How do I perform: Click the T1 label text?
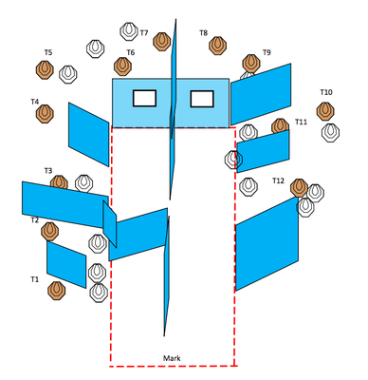click(35, 279)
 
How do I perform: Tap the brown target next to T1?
click(57, 291)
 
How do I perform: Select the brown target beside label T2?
click(50, 231)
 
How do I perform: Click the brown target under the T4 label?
click(45, 114)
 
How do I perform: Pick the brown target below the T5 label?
click(45, 69)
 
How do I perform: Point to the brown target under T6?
click(122, 66)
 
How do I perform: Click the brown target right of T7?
click(162, 42)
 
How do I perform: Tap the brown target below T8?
click(218, 46)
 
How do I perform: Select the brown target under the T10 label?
click(325, 111)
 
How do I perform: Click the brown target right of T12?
click(299, 188)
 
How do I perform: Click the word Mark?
click(172, 358)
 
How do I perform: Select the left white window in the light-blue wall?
click(144, 98)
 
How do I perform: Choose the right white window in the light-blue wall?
click(202, 99)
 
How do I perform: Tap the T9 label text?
click(267, 52)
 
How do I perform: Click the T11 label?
click(301, 122)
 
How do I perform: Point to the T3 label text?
click(48, 171)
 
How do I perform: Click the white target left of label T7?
click(129, 31)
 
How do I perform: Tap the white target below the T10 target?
click(330, 133)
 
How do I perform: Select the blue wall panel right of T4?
click(89, 134)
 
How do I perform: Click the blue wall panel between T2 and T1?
click(66, 265)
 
